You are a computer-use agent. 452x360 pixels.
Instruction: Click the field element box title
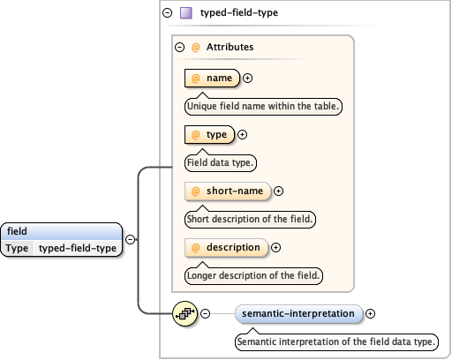tap(18, 231)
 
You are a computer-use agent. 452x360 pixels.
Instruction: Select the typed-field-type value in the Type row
tap(78, 248)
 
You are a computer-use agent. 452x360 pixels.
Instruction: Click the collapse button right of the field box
tap(130, 239)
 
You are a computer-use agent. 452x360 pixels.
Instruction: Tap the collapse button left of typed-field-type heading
tap(167, 14)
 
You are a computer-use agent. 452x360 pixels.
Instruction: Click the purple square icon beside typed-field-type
tap(186, 14)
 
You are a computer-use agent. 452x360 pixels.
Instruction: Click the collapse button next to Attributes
tap(179, 49)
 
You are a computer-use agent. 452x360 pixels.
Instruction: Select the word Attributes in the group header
tap(230, 49)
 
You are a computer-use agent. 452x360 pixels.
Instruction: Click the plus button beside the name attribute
tap(247, 79)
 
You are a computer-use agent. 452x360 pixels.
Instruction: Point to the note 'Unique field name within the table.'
tap(263, 106)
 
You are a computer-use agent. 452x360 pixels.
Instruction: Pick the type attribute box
tap(209, 135)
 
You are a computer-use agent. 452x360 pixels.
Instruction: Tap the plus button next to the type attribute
tap(243, 135)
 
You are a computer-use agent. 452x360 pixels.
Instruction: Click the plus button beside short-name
tap(279, 191)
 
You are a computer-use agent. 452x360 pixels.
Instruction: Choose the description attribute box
tap(226, 247)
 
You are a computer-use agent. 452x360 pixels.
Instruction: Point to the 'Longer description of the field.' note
tap(253, 275)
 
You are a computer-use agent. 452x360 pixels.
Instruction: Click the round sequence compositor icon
tap(185, 313)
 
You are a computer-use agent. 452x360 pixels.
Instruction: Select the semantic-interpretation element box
tap(299, 313)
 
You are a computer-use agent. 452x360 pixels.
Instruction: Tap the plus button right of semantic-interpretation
tap(371, 313)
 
